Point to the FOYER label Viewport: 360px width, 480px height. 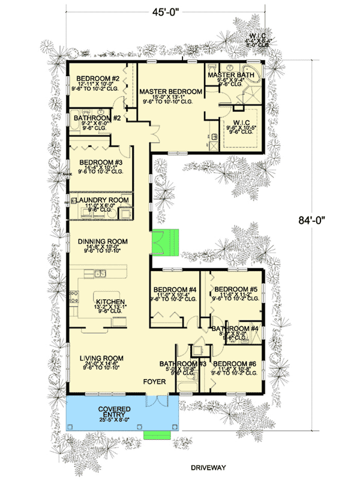pos(154,381)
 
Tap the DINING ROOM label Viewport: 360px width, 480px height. pos(103,241)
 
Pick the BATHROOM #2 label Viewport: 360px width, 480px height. pos(98,118)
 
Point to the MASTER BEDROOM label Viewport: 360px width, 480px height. pos(170,91)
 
